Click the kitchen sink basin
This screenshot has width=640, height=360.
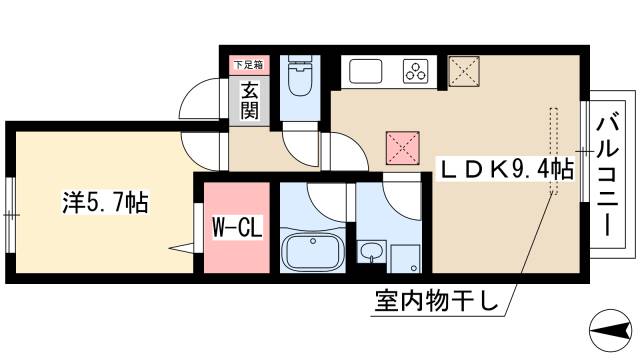pos(365,71)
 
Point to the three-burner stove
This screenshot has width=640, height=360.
pos(415,70)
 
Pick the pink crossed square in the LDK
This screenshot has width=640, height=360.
pos(402,148)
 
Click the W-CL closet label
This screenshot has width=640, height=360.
pos(237,228)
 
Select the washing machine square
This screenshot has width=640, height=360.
pos(404,257)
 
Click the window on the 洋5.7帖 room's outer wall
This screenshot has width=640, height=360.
pos(10,211)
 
